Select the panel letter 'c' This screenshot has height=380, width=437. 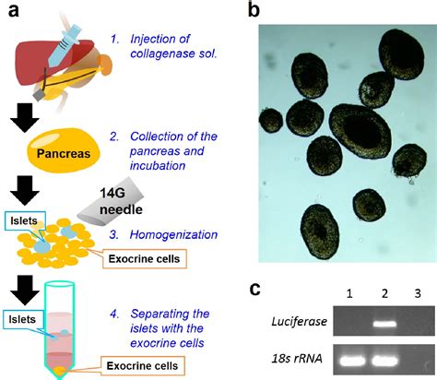(256, 288)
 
